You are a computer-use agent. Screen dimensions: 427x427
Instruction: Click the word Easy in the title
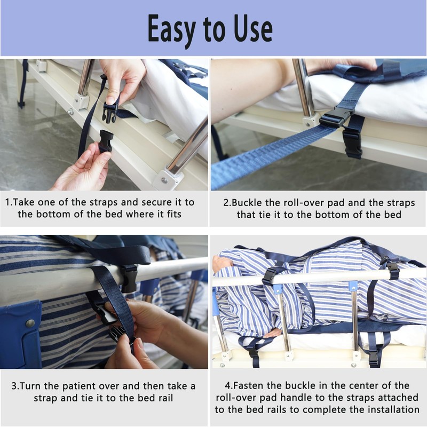[x=171, y=29]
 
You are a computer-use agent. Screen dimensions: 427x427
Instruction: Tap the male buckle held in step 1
[x=110, y=111]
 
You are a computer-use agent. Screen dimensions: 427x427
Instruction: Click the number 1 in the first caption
[x=7, y=202]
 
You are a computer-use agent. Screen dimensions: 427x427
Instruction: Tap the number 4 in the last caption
[x=228, y=385]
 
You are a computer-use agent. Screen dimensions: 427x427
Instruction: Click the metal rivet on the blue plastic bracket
[x=30, y=323]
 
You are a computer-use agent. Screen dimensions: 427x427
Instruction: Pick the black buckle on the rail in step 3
[x=129, y=279]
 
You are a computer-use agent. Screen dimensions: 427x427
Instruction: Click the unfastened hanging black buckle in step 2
[x=352, y=143]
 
